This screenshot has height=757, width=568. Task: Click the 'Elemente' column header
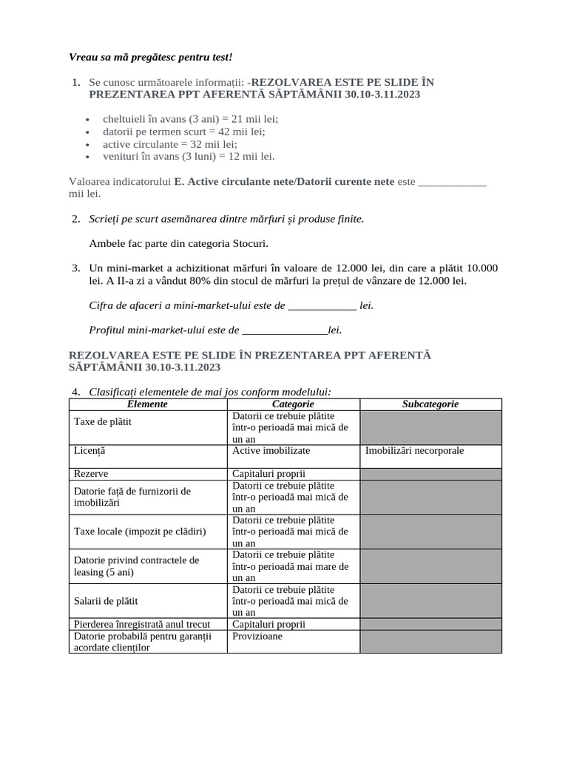click(147, 404)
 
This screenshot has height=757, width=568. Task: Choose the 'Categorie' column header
click(293, 404)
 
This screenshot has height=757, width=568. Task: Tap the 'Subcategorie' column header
click(430, 404)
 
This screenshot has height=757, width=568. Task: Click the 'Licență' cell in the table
click(89, 450)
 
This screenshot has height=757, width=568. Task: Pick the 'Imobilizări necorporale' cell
click(415, 450)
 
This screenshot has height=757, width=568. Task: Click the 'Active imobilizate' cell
click(271, 450)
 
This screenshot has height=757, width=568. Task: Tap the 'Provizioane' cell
click(257, 636)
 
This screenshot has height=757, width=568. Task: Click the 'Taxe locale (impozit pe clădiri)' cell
click(140, 532)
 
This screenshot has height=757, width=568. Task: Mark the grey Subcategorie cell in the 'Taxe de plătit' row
click(430, 427)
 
